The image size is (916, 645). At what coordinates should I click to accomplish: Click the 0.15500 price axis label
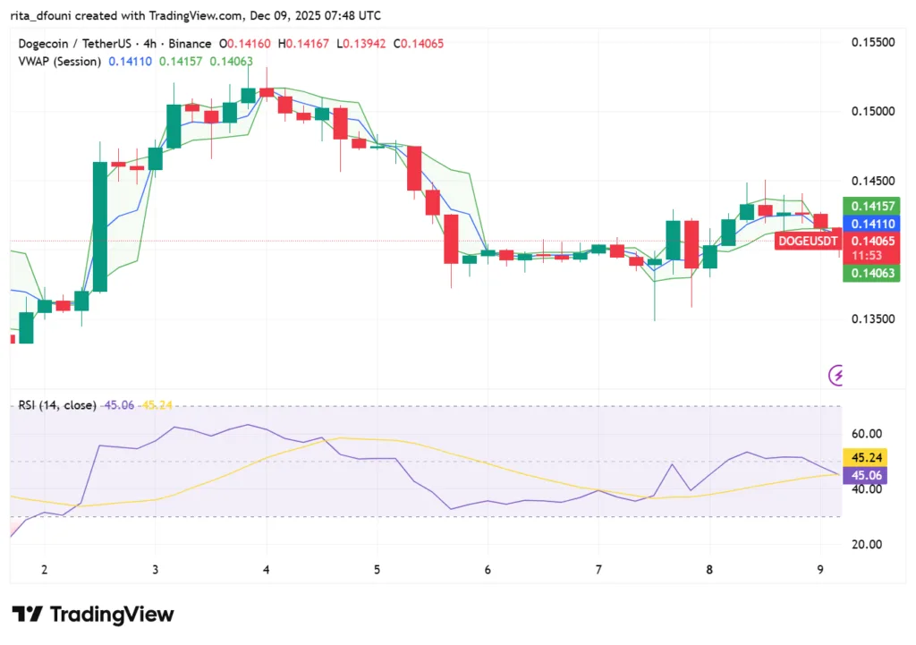871,42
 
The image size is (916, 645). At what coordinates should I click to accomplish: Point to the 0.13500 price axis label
871,318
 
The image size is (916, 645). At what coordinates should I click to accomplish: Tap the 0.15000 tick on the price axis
871,111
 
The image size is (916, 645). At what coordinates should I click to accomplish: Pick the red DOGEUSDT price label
809,241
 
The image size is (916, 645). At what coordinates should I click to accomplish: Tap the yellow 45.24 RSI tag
864,458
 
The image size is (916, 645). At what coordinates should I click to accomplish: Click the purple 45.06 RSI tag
864,475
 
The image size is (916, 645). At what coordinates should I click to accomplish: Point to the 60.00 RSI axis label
866,433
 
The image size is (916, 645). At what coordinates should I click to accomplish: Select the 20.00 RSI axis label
866,544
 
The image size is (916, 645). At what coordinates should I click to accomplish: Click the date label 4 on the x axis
266,569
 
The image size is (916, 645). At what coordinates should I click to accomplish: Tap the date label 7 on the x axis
598,569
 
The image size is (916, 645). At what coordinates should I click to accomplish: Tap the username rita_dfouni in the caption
45,15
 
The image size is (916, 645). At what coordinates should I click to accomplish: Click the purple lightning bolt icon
838,375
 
